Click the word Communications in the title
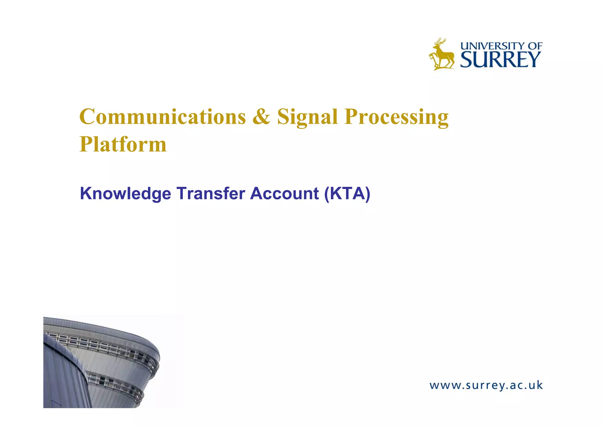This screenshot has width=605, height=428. coord(162,117)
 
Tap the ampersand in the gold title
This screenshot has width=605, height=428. coord(261,117)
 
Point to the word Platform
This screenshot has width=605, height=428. coord(123,145)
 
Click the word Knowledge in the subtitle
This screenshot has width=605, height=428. coord(126,194)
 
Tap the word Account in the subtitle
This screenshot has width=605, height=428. coord(284,194)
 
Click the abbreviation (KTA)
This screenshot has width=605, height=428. coord(347,194)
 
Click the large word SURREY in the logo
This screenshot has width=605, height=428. coord(500,60)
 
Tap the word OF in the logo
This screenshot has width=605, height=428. coord(535,46)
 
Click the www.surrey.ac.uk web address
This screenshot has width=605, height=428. coord(486,385)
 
